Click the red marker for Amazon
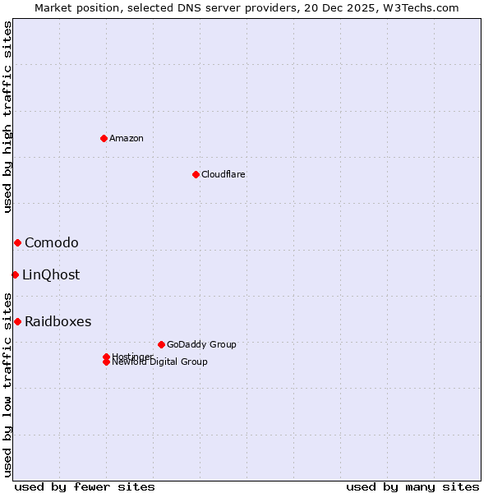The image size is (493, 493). [x=104, y=138]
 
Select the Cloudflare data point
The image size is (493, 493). [x=196, y=174]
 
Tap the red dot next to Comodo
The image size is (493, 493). [x=17, y=242]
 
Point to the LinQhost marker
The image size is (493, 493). [x=15, y=274]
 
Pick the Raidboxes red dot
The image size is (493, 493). [x=17, y=321]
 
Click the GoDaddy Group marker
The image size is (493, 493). [x=161, y=344]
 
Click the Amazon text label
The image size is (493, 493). [x=127, y=138]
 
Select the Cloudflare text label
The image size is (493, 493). [x=223, y=174]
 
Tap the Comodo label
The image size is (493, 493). [x=52, y=242]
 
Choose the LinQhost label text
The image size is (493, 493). [x=51, y=274]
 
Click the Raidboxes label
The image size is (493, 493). [x=58, y=321]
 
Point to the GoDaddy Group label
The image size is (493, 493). [x=201, y=344]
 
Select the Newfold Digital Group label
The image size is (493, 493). [x=160, y=362]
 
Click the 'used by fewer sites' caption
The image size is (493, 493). [x=85, y=486]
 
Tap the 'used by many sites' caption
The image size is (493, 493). [x=412, y=486]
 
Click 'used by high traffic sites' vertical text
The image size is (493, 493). [x=8, y=117]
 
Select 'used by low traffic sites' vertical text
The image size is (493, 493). [x=8, y=384]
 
